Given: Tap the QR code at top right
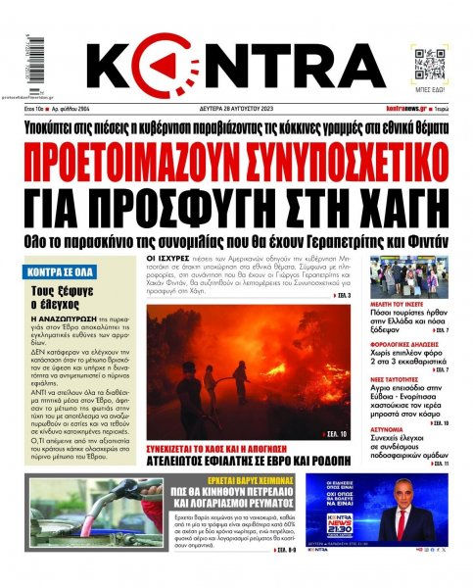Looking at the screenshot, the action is (431, 63).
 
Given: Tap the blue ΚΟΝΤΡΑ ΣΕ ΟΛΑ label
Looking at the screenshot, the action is (61, 267).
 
